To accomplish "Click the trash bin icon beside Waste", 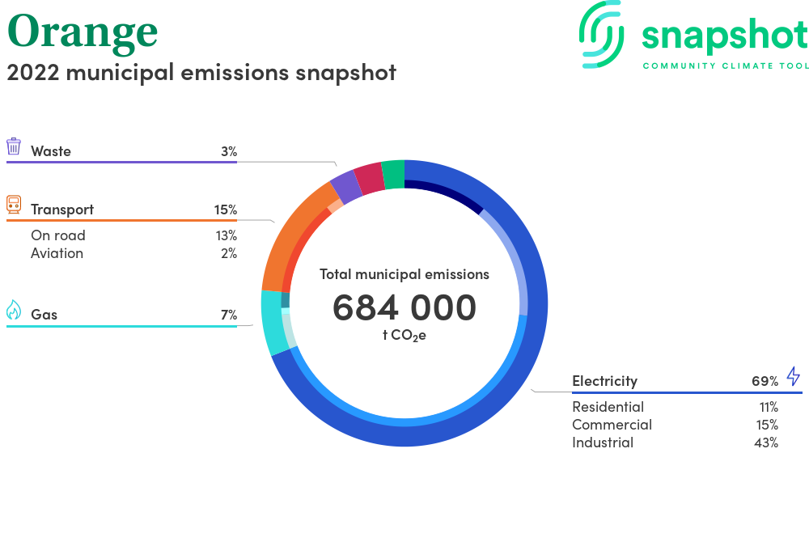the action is [x=14, y=146].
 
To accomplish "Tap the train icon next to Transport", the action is [x=14, y=204].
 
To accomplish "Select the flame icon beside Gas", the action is [x=14, y=310].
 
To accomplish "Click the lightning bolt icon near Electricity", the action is [x=794, y=376].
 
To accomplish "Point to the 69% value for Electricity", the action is [x=765, y=381].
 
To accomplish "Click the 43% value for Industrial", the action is [x=766, y=442].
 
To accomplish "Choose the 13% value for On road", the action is [x=227, y=235].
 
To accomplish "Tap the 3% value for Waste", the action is [x=229, y=151].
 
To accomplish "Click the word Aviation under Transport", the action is [x=57, y=253].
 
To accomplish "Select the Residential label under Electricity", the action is [x=608, y=407].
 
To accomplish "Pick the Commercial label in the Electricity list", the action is [x=612, y=425].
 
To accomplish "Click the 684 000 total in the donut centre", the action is [x=404, y=307].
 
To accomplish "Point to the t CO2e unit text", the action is [x=404, y=335].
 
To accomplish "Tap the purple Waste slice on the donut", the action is [x=345, y=186].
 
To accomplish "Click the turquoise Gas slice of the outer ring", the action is [x=272, y=322].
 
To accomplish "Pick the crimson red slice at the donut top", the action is [x=369, y=179].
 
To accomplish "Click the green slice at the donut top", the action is [x=394, y=175].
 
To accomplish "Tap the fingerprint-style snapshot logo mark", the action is [x=602, y=34].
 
